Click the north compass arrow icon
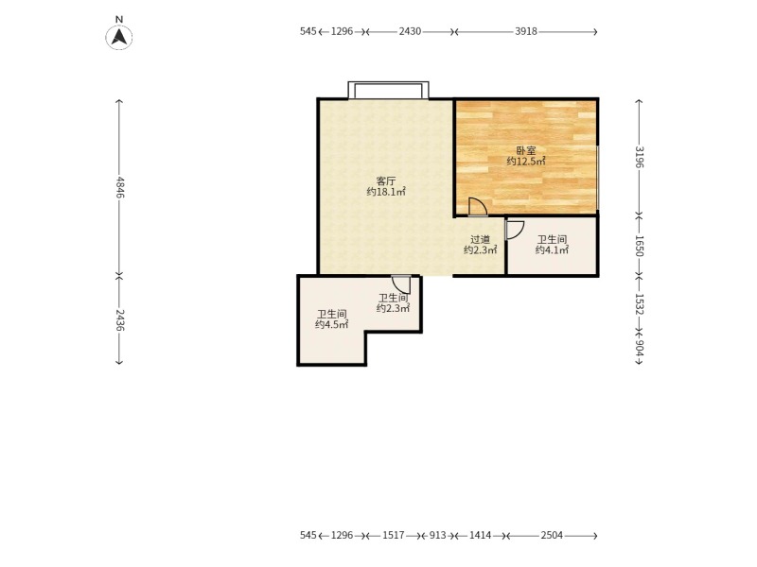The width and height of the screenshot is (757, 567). [119, 37]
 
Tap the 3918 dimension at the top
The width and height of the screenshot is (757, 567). [526, 32]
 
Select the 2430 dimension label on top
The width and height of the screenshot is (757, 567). [410, 32]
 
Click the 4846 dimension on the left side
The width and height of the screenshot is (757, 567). [120, 187]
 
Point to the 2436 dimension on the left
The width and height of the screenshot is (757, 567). [120, 319]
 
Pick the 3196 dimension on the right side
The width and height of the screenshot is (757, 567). [640, 157]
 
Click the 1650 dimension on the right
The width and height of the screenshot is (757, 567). [640, 246]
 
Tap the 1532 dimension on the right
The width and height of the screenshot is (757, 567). [640, 304]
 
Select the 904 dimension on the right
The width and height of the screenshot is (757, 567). [640, 348]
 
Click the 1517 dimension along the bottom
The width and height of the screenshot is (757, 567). [394, 536]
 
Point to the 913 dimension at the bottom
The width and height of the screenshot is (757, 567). [438, 536]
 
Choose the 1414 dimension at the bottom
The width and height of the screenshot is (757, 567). [481, 536]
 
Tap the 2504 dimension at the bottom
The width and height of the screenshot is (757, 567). [552, 536]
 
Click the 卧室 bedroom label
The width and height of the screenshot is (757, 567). [526, 151]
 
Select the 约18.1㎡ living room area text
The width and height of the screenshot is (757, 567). [386, 192]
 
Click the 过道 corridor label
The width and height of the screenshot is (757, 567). [481, 240]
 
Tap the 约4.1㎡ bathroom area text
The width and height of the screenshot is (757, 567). [552, 249]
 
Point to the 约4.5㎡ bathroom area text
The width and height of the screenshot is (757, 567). [332, 324]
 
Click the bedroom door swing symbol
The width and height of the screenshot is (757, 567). [478, 207]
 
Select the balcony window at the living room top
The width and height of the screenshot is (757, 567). [388, 90]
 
